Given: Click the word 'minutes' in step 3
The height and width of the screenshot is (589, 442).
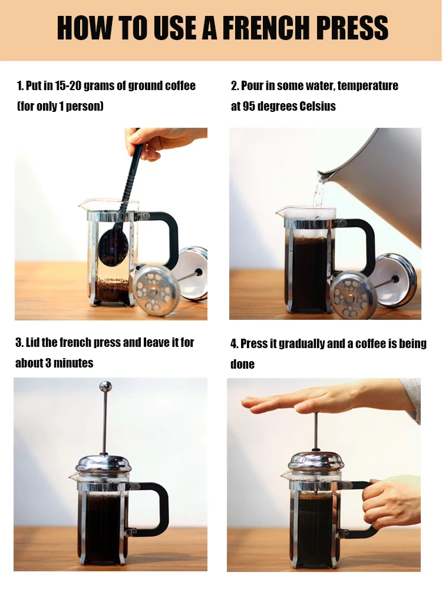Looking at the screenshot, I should (x=74, y=363).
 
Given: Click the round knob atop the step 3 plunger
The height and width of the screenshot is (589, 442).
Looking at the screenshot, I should (x=105, y=386).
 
